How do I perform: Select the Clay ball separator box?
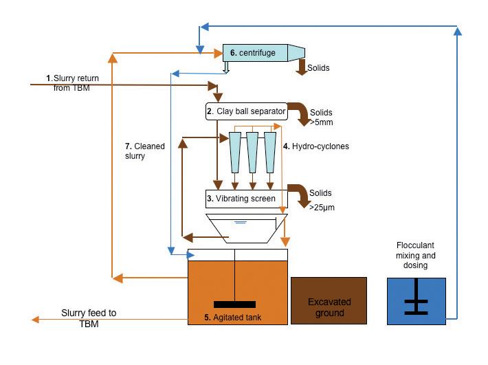coord(245,110)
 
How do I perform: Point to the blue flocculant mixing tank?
coord(416,301)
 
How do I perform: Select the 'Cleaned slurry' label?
coord(140,151)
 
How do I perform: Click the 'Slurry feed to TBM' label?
coord(89,318)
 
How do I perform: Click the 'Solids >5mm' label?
coord(322,117)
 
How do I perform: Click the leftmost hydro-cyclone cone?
coord(236,152)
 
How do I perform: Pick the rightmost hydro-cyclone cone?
coord(270,152)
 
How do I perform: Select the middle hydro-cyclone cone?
coord(253,152)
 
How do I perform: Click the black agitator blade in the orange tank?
coord(235,304)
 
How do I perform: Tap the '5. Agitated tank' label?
coord(234,318)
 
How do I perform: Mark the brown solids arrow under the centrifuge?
coord(302,67)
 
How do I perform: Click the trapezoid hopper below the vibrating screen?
coord(245,227)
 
